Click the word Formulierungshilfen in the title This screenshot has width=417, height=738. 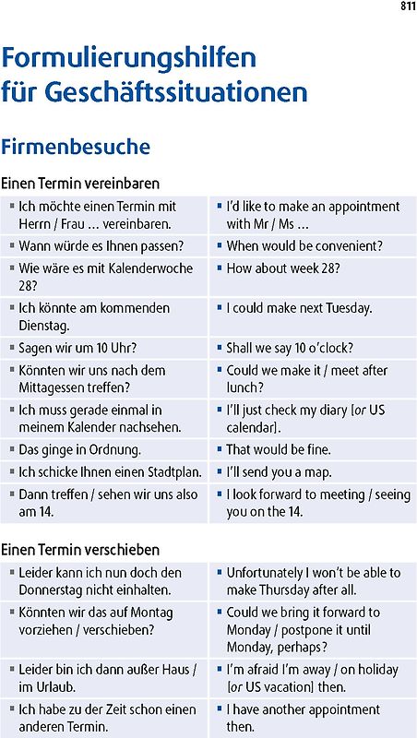click(129, 59)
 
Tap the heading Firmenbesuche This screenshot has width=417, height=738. click(76, 147)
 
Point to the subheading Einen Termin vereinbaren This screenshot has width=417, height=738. click(80, 183)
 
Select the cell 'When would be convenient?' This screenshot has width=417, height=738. click(304, 246)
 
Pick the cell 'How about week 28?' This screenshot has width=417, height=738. click(283, 268)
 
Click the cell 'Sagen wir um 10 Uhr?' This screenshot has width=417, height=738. click(77, 349)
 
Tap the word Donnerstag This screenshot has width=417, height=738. click(54, 590)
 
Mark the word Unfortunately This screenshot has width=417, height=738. click(269, 573)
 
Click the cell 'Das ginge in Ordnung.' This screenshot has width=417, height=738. click(79, 450)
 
